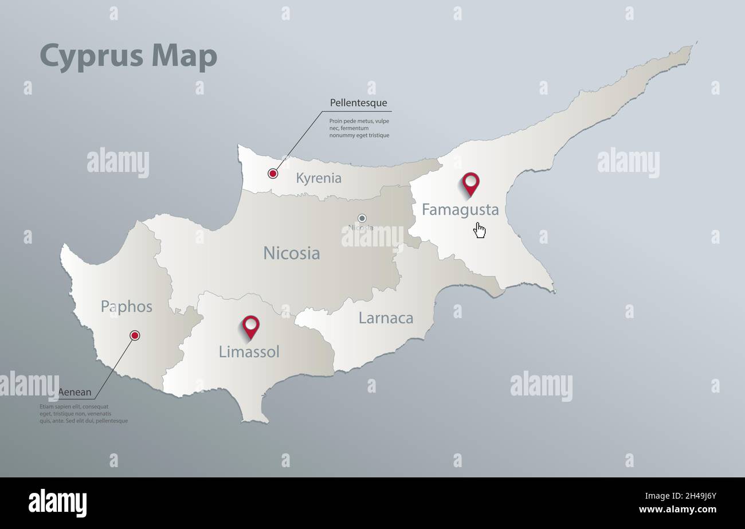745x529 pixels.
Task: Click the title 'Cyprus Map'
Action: click(x=128, y=57)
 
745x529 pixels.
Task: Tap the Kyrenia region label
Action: click(x=319, y=178)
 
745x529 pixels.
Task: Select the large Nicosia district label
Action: click(x=291, y=253)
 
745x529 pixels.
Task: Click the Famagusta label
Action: click(x=460, y=210)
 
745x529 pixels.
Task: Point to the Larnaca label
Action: click(x=386, y=318)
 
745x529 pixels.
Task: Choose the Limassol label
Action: click(x=249, y=352)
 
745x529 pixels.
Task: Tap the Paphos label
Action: click(x=127, y=307)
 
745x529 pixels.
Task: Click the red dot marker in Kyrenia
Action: click(x=273, y=173)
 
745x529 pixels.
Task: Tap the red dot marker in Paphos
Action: click(x=135, y=335)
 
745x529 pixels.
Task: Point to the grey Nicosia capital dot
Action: click(x=362, y=218)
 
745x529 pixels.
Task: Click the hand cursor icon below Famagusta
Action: click(x=480, y=230)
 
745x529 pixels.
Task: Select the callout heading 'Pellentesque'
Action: click(x=358, y=103)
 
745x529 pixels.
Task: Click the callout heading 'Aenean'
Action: click(x=74, y=393)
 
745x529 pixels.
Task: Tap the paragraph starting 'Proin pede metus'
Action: click(x=359, y=128)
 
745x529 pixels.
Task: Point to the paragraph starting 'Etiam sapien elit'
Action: click(x=84, y=413)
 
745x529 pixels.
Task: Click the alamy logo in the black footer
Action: click(x=57, y=503)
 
